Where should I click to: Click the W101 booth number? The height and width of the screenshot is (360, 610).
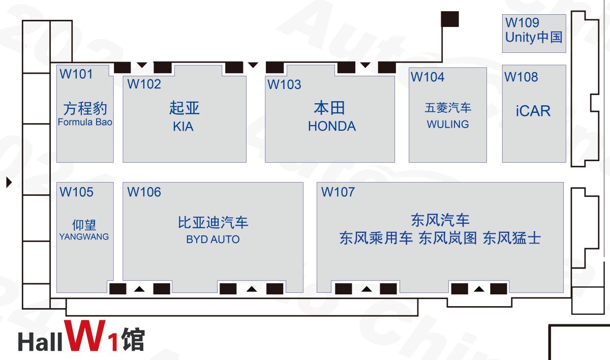76,74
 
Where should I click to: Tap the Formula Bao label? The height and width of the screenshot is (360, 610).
85,122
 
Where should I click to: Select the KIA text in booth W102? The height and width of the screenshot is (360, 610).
183,127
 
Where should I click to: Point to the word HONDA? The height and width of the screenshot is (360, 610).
331,126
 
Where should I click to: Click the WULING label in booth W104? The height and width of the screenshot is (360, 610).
448,125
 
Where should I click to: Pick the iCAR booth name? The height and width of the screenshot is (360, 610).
533,111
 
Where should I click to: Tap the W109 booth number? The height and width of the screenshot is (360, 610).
522,22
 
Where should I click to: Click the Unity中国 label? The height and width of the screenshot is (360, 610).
534,37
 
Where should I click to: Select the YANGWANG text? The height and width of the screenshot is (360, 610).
84,236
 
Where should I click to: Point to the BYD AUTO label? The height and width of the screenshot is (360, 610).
212,239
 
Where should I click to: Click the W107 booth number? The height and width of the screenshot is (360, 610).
338,192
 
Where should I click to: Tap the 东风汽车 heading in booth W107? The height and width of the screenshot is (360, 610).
440,220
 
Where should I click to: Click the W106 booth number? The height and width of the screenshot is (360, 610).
144,192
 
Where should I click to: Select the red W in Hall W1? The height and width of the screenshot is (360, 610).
85,336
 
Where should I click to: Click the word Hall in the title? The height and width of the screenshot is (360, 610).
40,342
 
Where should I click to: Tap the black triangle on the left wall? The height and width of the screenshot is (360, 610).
9,182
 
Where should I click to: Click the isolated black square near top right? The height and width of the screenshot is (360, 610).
450,19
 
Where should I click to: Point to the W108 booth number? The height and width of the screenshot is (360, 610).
521,77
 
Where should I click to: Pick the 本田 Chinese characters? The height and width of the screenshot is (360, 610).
329,108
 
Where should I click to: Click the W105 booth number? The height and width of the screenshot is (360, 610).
77,192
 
